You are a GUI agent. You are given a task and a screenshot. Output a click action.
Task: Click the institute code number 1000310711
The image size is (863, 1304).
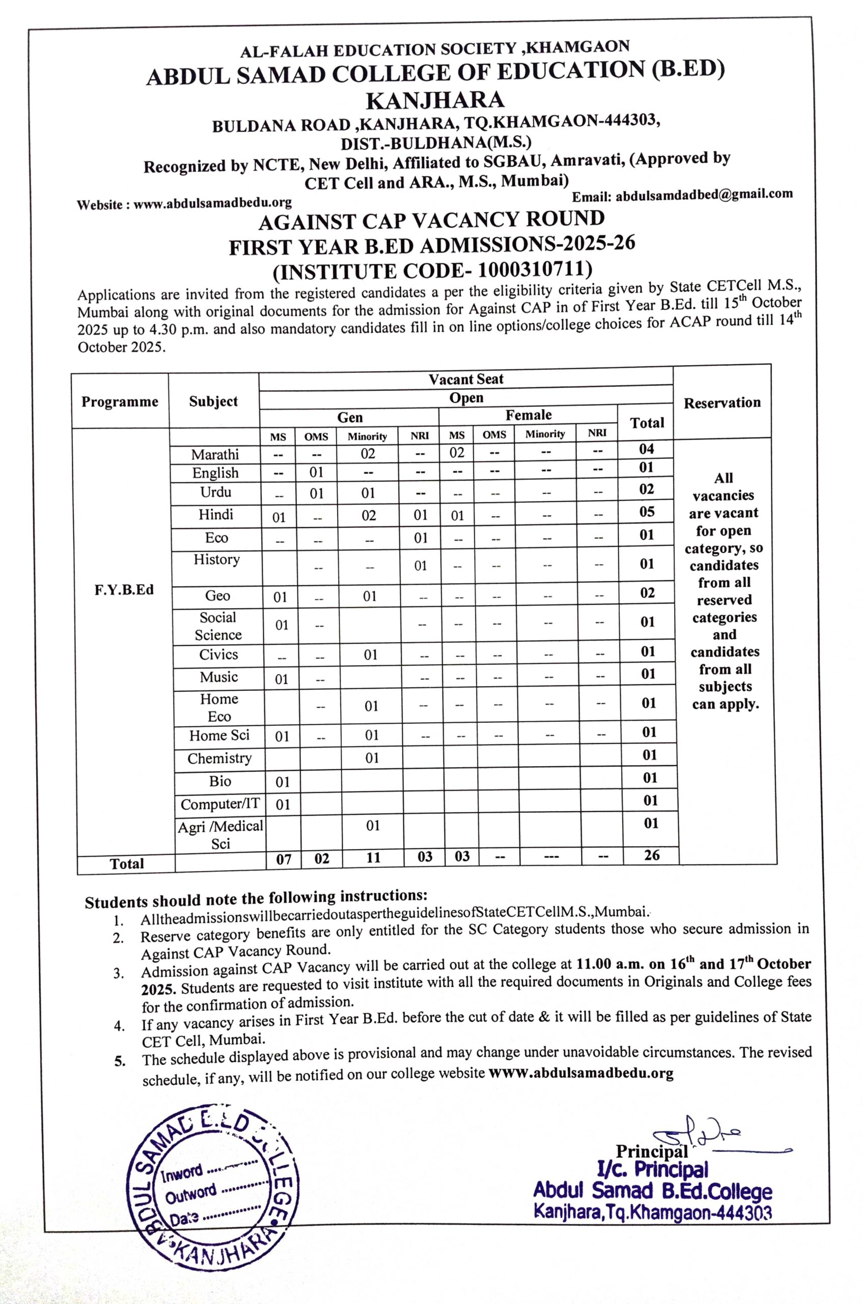pos(535,269)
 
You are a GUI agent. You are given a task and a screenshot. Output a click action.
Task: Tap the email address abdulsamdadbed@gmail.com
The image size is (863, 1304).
pos(704,195)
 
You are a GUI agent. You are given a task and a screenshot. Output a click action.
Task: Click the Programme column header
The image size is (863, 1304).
pos(120,401)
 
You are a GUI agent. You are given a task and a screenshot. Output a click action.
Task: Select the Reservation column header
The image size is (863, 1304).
pos(721,403)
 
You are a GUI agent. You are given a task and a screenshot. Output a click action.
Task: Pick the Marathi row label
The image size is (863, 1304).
pos(215,454)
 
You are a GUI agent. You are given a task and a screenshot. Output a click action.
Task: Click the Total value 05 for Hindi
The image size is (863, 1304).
pos(647,511)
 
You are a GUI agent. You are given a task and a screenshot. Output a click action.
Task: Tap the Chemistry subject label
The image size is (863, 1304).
pos(219,758)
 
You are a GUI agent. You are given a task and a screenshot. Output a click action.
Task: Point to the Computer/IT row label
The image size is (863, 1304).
pos(219,804)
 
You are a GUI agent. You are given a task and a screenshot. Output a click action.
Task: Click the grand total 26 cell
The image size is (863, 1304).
pos(652,855)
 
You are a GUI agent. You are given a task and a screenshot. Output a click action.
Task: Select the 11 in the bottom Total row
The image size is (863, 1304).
pos(373,857)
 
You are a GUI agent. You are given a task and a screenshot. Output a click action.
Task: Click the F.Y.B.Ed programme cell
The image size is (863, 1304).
pos(124,590)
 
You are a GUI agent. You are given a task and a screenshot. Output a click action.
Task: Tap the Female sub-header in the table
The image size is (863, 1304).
pos(528,415)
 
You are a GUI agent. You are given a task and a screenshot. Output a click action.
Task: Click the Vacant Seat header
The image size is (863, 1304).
pos(466,379)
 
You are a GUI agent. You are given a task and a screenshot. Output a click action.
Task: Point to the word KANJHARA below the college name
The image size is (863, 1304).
pos(435,100)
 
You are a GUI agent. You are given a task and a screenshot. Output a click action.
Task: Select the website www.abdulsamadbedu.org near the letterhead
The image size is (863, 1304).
pos(212,203)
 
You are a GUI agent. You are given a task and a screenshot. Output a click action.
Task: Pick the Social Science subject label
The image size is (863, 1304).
pos(218,626)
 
